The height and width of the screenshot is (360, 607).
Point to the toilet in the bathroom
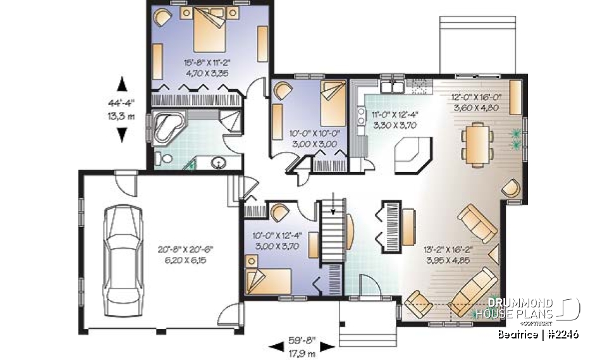click(163, 159)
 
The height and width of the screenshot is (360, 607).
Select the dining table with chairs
click(476, 145)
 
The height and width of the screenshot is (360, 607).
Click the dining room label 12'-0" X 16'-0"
click(476, 102)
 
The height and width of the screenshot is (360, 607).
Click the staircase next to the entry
click(333, 234)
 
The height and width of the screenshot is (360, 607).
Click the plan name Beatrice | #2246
click(537, 333)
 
